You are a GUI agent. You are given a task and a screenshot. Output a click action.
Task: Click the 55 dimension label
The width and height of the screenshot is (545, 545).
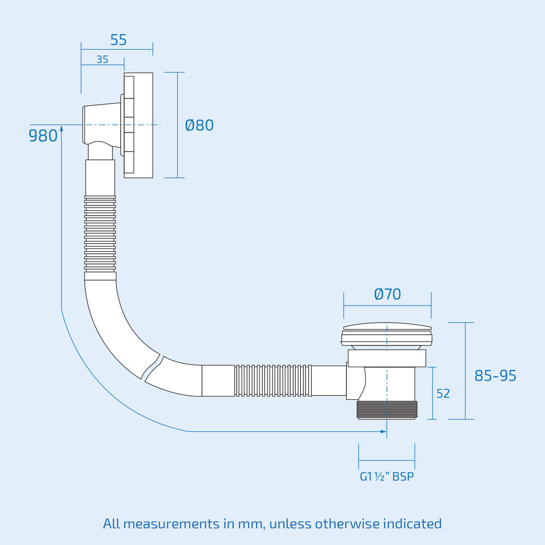click(118, 40)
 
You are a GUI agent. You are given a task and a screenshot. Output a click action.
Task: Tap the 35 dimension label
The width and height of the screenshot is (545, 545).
click(102, 60)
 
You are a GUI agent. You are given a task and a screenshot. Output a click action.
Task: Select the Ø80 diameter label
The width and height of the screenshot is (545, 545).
click(199, 125)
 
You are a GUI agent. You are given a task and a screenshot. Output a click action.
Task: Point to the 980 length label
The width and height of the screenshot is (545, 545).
click(43, 136)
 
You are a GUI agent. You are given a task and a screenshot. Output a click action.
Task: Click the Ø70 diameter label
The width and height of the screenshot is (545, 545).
click(387, 294)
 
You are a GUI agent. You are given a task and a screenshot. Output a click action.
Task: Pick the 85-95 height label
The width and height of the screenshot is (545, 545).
click(496, 375)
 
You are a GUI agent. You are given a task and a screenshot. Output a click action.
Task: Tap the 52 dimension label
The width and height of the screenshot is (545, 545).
click(443, 393)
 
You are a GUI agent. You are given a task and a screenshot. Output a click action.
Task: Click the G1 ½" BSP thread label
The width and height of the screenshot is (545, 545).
click(387, 476)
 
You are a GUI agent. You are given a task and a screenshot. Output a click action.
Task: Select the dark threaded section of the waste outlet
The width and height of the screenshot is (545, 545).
click(387, 410)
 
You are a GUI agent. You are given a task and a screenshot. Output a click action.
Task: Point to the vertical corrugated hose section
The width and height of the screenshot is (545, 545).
click(100, 234)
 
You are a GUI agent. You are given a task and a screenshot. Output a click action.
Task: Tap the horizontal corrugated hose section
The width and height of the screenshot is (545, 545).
click(273, 380)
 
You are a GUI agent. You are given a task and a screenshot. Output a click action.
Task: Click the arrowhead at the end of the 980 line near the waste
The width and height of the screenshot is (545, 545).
click(384, 432)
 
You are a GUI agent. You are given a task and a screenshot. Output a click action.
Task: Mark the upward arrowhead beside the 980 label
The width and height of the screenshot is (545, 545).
click(62, 128)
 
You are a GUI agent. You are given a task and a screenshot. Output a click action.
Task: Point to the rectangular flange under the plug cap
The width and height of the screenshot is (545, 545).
click(387, 358)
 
